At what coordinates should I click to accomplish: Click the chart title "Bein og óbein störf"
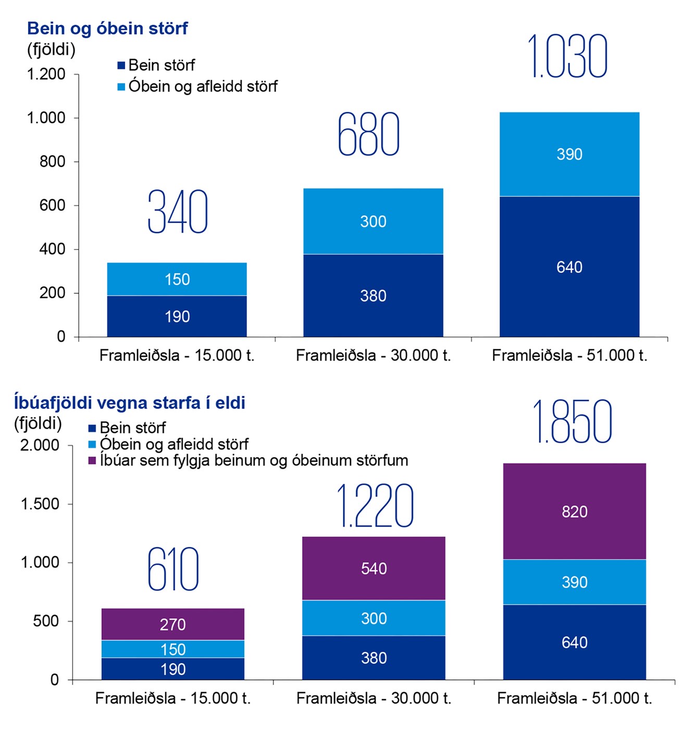pyautogui.click(x=107, y=28)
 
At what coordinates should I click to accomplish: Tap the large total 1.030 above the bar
pyautogui.click(x=567, y=56)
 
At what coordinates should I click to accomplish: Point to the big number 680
pyautogui.click(x=369, y=135)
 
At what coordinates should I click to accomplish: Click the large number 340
pyautogui.click(x=178, y=212)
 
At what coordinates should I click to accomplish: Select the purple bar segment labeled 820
pyautogui.click(x=574, y=512)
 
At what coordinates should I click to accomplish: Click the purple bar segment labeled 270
pyautogui.click(x=172, y=624)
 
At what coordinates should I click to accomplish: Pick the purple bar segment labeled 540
pyautogui.click(x=374, y=568)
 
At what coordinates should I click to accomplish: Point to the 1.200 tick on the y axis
pyautogui.click(x=46, y=74)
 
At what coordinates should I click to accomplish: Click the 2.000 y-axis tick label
pyautogui.click(x=40, y=445)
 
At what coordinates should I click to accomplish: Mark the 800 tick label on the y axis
pyautogui.click(x=53, y=162)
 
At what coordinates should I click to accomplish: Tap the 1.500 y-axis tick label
pyautogui.click(x=40, y=504)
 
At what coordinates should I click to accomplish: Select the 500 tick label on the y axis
pyautogui.click(x=46, y=621)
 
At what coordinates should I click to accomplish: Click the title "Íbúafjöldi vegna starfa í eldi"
pyautogui.click(x=130, y=403)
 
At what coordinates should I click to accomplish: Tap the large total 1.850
pyautogui.click(x=572, y=422)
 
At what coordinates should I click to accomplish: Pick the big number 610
pyautogui.click(x=173, y=569)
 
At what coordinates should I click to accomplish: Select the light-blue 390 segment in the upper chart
pyautogui.click(x=569, y=154)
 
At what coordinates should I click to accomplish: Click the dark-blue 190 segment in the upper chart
pyautogui.click(x=177, y=317)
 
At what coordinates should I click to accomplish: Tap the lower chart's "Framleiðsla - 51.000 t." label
pyautogui.click(x=574, y=698)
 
